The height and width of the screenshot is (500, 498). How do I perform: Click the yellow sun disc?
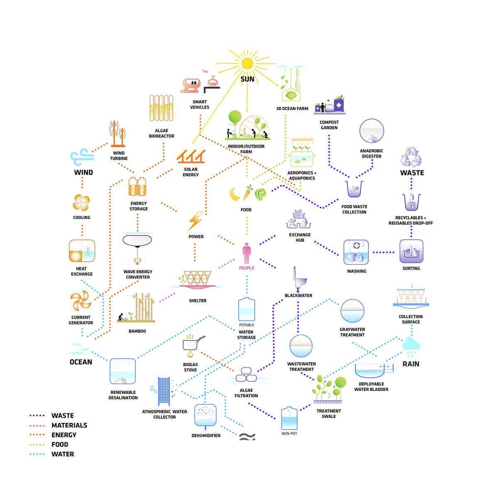click(247, 63)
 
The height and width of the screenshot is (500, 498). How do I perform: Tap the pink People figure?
click(246, 253)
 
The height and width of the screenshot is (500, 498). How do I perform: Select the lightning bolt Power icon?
click(195, 221)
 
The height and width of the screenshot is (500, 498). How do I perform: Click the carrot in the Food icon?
click(248, 192)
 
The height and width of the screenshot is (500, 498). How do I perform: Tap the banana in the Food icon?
click(234, 194)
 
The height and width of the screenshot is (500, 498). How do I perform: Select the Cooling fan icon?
click(81, 202)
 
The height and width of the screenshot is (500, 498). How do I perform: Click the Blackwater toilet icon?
click(300, 279)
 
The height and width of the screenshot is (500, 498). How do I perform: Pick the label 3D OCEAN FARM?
click(292, 109)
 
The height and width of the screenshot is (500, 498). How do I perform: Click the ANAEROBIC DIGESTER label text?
click(371, 153)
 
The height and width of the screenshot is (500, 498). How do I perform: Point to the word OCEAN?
click(81, 362)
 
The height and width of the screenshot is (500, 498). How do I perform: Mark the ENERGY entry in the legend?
click(64, 435)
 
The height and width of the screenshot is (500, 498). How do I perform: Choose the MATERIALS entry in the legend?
click(69, 425)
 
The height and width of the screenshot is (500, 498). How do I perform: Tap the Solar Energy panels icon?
click(190, 156)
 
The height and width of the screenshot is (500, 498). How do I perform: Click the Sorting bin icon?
click(411, 251)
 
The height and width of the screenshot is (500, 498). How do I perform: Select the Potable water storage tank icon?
click(246, 309)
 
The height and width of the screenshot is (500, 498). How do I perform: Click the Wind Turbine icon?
click(118, 134)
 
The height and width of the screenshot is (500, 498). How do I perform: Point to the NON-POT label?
click(289, 434)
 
